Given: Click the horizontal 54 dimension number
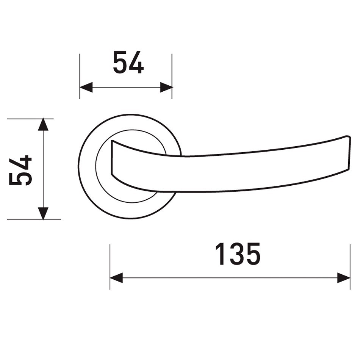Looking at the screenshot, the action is click(128, 63).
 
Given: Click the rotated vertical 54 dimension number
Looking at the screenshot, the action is click(20, 170).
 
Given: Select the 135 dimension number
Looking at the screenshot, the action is click(238, 254).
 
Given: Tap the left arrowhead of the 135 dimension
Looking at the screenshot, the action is click(116, 278).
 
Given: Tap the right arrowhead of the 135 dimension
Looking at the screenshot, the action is click(344, 278).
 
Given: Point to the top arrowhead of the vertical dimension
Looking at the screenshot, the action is click(43, 124).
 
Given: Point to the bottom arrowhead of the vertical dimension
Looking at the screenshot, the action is click(43, 213).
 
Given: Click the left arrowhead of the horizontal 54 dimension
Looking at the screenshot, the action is click(86, 87).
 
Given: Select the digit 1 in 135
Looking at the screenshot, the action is click(221, 254).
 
